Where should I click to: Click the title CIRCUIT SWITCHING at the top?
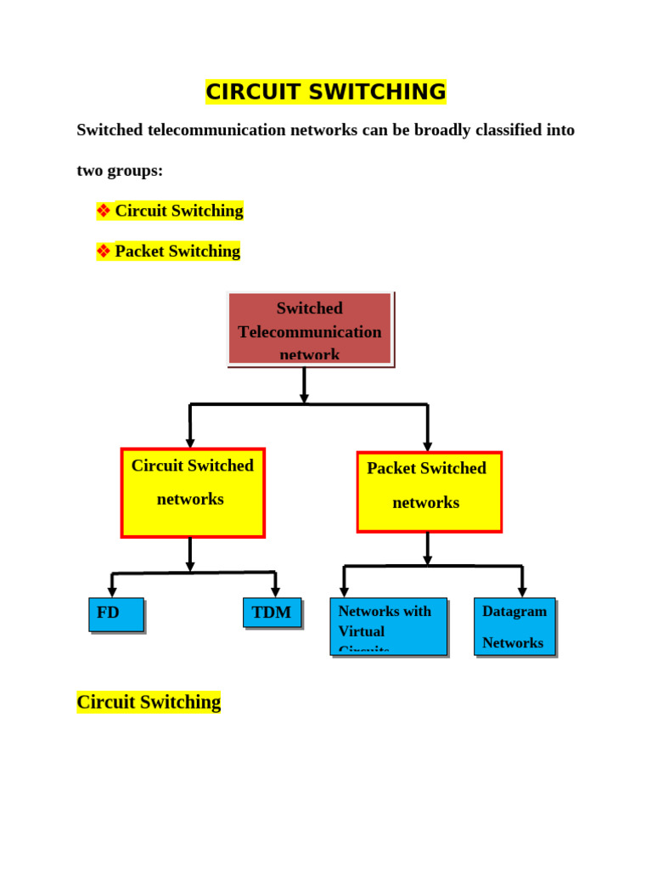click(325, 92)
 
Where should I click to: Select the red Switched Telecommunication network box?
click(310, 329)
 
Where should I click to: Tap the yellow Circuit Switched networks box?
click(193, 493)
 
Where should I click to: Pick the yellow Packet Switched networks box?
click(429, 492)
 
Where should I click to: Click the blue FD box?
click(116, 614)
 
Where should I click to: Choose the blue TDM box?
click(272, 613)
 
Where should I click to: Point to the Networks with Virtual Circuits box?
click(388, 626)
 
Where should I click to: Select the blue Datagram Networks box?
click(514, 626)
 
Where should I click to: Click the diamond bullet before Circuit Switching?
click(104, 211)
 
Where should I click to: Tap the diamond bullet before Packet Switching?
click(104, 251)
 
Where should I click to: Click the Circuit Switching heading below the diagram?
click(149, 702)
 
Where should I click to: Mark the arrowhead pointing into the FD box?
click(112, 592)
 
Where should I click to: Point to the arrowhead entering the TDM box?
click(275, 592)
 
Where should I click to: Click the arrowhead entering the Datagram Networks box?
click(522, 592)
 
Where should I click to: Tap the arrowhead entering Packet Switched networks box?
click(428, 446)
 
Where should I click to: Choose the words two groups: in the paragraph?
click(120, 171)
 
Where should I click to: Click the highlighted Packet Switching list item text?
click(177, 251)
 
